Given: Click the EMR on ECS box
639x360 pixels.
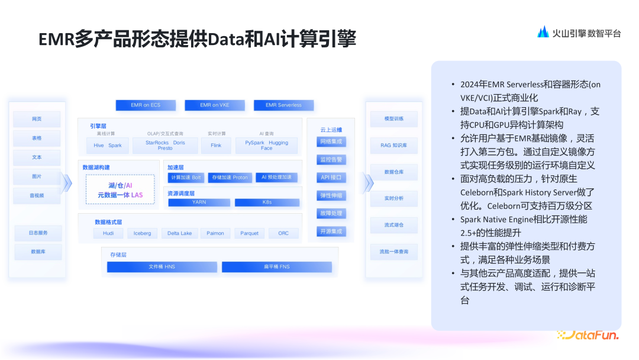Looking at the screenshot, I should click(x=146, y=105).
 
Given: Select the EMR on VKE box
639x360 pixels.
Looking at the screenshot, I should click(x=215, y=105).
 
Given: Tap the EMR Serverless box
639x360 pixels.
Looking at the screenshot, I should click(x=283, y=105).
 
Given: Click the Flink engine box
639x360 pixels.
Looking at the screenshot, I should click(x=216, y=145).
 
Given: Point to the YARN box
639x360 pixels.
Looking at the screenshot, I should click(x=199, y=202).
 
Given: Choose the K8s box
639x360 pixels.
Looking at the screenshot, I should click(x=267, y=202).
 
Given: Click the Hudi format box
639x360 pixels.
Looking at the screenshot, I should click(x=108, y=233).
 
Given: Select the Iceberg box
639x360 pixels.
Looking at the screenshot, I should click(x=142, y=233).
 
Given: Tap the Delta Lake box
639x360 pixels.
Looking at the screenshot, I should click(x=180, y=233).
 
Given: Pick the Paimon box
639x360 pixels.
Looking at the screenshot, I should click(x=215, y=233).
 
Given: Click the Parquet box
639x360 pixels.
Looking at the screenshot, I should click(x=249, y=233).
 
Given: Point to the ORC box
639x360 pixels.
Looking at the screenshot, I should click(x=283, y=233).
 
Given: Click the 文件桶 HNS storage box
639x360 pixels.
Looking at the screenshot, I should click(x=162, y=267).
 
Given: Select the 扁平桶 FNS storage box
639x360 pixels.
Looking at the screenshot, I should click(x=276, y=267).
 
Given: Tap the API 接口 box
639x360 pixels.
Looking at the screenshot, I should click(x=331, y=178).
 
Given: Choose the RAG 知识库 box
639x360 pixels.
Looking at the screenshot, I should click(x=393, y=145).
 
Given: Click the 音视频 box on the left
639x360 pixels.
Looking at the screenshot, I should click(x=37, y=195).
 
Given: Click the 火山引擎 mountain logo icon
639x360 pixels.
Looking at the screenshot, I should click(x=543, y=33).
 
